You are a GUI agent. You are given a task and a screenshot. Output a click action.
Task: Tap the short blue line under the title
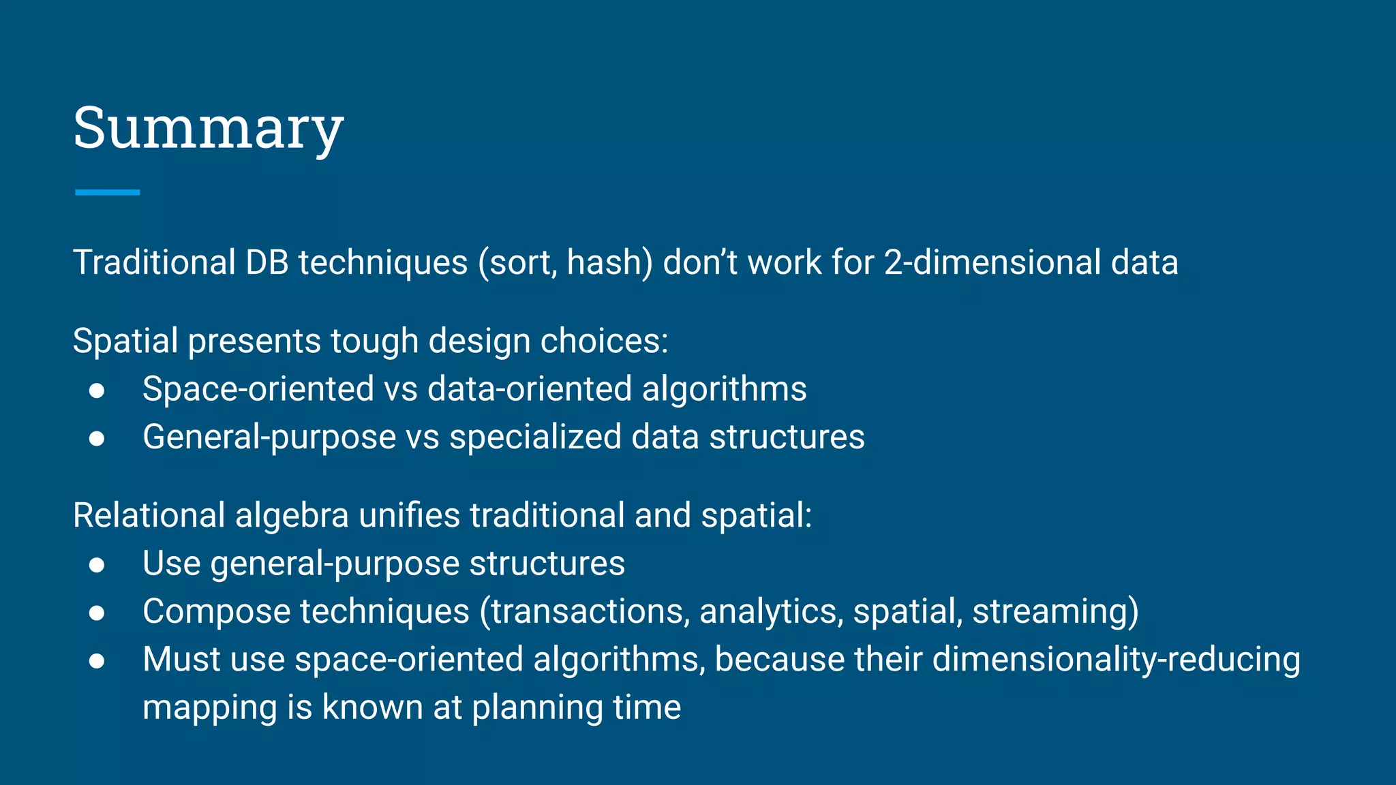107,193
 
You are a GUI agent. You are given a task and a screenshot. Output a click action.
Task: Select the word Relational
149,515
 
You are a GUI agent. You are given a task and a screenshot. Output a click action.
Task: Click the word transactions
590,611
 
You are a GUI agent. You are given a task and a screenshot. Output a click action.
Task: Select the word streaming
1054,611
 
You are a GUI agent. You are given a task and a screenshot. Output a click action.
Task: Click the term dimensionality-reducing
1116,660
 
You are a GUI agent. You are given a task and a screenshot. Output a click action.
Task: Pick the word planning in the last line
537,708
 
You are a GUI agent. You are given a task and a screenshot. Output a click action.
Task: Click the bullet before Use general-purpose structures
97,565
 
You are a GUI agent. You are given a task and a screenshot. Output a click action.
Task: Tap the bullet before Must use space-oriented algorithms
97,661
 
